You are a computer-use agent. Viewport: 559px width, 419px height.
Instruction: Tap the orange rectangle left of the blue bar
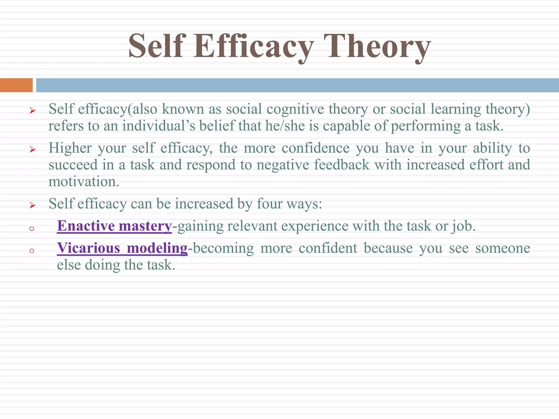pyautogui.click(x=16, y=85)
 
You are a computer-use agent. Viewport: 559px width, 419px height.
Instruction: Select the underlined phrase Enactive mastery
pyautogui.click(x=114, y=226)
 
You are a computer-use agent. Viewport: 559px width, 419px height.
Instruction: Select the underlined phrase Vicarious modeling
pyautogui.click(x=122, y=248)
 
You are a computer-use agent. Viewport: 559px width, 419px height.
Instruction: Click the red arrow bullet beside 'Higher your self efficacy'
pyautogui.click(x=32, y=149)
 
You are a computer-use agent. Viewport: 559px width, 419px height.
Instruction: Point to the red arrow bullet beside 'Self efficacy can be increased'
pyautogui.click(x=32, y=205)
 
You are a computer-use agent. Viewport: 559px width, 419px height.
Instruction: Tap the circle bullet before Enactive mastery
pyautogui.click(x=32, y=229)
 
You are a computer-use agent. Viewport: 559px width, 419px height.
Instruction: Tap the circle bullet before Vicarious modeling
pyautogui.click(x=32, y=251)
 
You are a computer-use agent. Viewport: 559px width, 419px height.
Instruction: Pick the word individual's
pyautogui.click(x=159, y=126)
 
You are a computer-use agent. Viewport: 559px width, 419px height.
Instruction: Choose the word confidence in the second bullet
pyautogui.click(x=316, y=148)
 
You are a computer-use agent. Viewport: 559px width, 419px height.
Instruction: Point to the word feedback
pyautogui.click(x=341, y=165)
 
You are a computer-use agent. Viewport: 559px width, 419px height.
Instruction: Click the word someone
pyautogui.click(x=502, y=249)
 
